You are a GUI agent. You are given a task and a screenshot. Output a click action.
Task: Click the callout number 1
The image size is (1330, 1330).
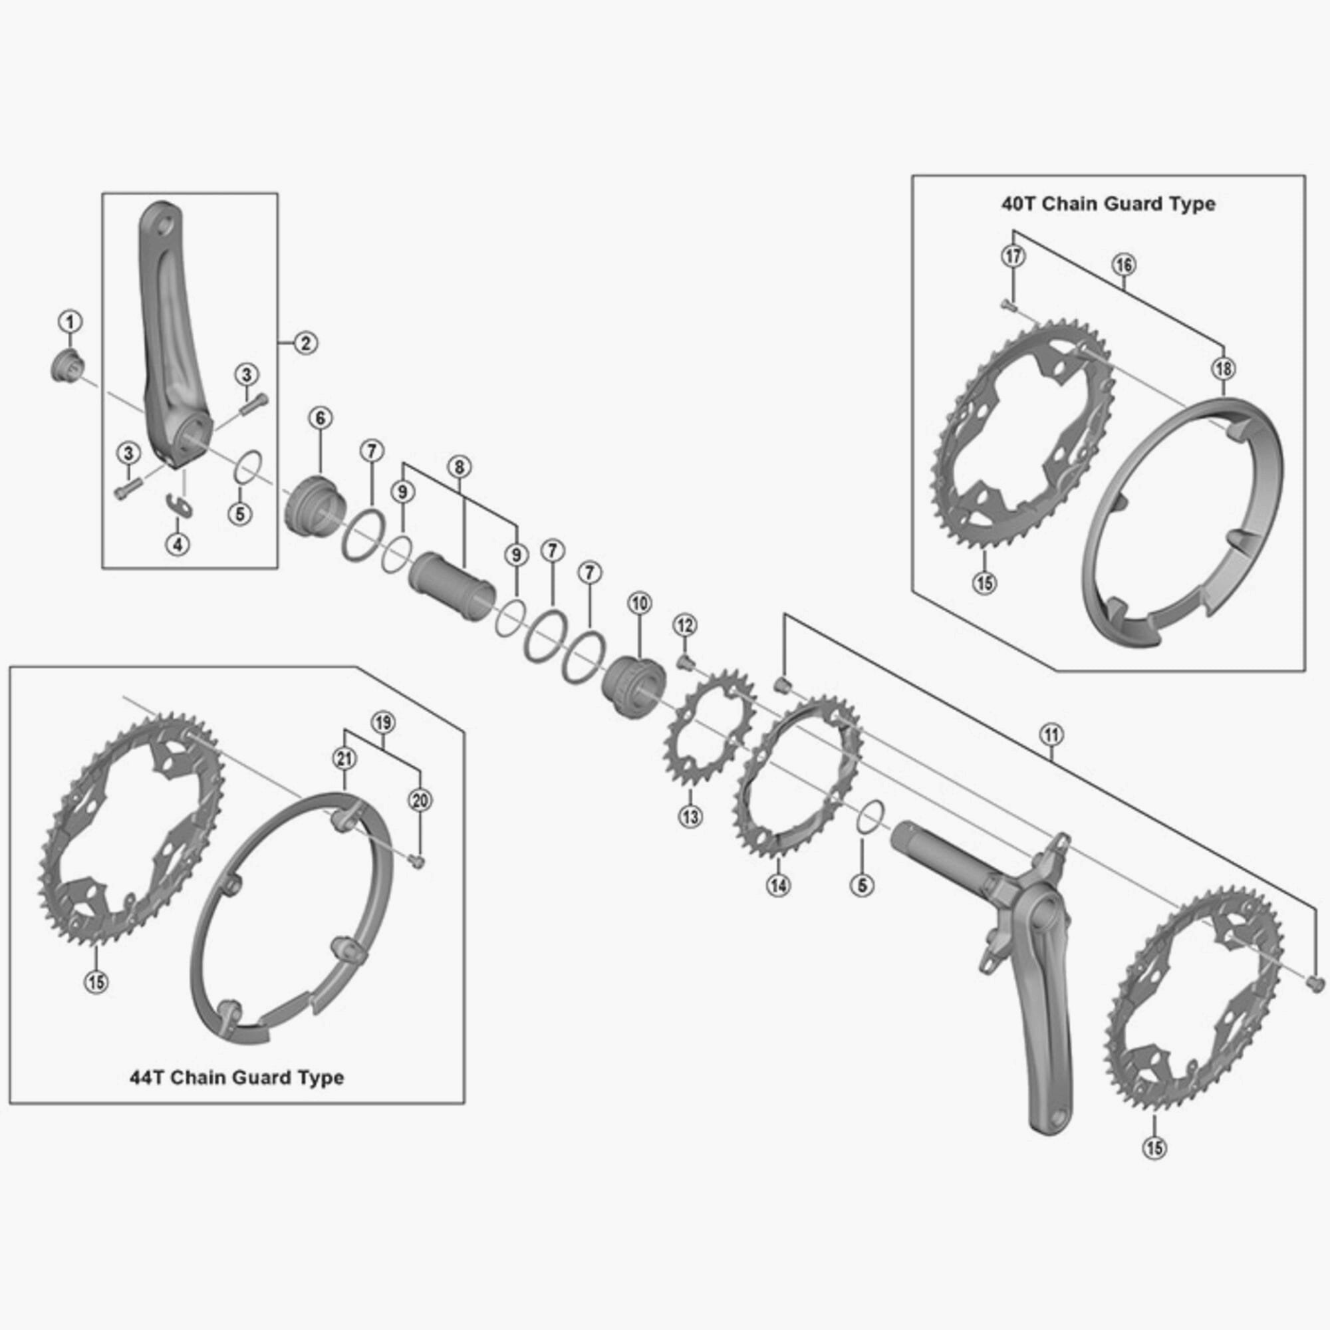click(70, 321)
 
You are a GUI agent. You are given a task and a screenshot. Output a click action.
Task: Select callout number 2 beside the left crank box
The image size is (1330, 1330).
click(306, 342)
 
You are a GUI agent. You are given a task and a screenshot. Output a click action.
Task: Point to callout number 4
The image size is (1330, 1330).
click(178, 545)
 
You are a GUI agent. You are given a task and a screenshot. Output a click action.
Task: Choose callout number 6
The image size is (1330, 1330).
click(321, 418)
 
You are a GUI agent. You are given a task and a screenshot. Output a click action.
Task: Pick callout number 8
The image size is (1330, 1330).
click(459, 467)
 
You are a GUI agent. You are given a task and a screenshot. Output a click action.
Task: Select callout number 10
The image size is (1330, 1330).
click(640, 604)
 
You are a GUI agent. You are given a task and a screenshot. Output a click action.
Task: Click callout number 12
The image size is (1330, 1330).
click(684, 625)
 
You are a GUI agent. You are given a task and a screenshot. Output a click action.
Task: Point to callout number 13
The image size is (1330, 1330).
click(690, 817)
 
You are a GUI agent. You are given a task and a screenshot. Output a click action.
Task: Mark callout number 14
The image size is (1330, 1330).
click(779, 885)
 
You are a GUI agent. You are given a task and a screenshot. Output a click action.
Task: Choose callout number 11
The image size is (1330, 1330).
click(1052, 735)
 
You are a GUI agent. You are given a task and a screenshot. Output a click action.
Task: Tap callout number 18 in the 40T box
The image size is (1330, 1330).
click(1224, 369)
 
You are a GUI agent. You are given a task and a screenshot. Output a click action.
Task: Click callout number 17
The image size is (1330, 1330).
click(1013, 256)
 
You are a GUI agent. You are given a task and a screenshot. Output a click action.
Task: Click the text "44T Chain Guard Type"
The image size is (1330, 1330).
click(236, 1077)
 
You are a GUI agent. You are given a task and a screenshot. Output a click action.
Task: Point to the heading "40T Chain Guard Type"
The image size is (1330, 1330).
click(1108, 204)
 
